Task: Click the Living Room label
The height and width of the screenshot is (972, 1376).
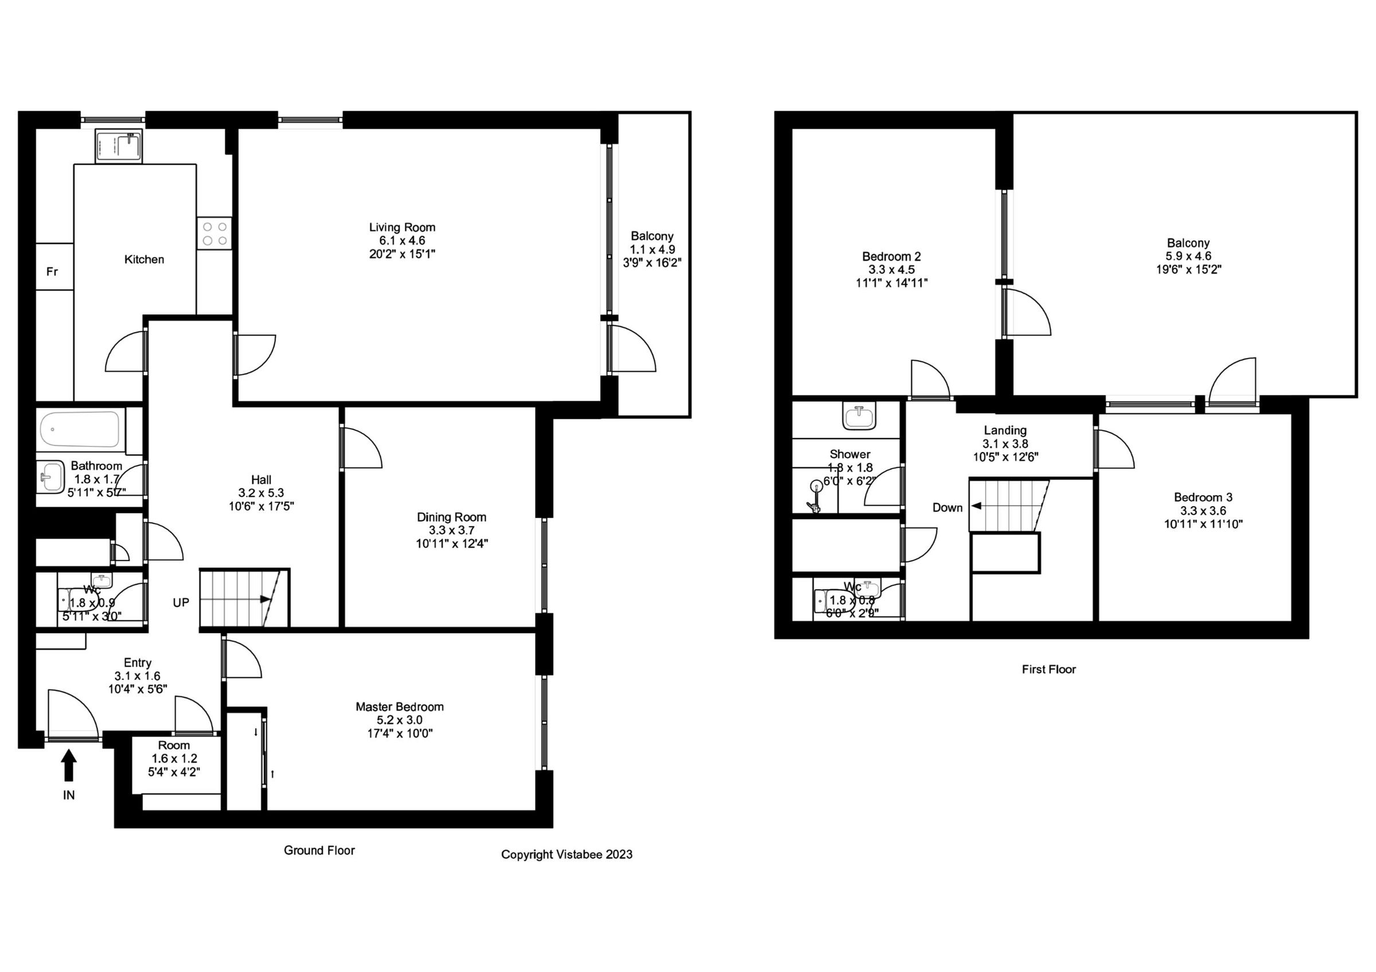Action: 401,228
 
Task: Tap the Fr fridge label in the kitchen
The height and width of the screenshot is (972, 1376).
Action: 52,272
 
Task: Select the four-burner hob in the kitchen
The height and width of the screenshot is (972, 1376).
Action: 214,234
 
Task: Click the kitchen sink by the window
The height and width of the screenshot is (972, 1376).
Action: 119,146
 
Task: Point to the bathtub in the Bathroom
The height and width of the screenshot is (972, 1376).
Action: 80,429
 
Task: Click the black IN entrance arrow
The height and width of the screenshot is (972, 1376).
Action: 69,766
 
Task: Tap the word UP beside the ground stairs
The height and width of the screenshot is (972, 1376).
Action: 181,602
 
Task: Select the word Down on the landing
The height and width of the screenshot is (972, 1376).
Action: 947,508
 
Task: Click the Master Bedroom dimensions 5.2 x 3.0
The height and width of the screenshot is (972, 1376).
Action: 399,720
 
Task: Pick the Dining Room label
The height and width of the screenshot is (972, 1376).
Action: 451,517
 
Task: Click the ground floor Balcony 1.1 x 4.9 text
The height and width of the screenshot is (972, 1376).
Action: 652,249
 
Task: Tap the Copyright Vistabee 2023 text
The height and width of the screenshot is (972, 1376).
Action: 566,855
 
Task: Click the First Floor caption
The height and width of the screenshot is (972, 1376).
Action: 1048,669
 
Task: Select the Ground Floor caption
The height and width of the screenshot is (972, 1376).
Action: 319,850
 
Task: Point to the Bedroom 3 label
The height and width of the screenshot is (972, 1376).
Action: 1203,497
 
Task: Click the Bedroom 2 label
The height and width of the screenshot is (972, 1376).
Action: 891,256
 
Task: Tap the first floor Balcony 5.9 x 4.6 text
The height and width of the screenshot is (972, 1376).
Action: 1188,256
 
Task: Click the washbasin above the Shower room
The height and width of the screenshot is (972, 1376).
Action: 859,416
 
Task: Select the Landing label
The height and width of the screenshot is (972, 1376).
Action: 1005,430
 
